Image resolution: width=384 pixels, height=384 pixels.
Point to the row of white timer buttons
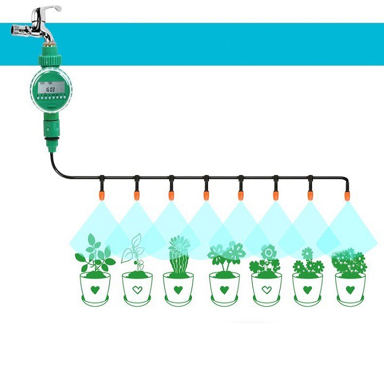(x=49, y=99)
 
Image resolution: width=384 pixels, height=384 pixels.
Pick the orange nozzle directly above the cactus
(x=171, y=195)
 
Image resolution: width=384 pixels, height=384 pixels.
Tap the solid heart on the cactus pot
(x=179, y=290)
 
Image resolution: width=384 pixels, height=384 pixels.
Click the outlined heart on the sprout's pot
(x=137, y=290)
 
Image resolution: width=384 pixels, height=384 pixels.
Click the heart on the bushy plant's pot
(x=350, y=290)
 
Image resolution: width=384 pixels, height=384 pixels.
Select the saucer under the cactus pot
(x=179, y=302)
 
